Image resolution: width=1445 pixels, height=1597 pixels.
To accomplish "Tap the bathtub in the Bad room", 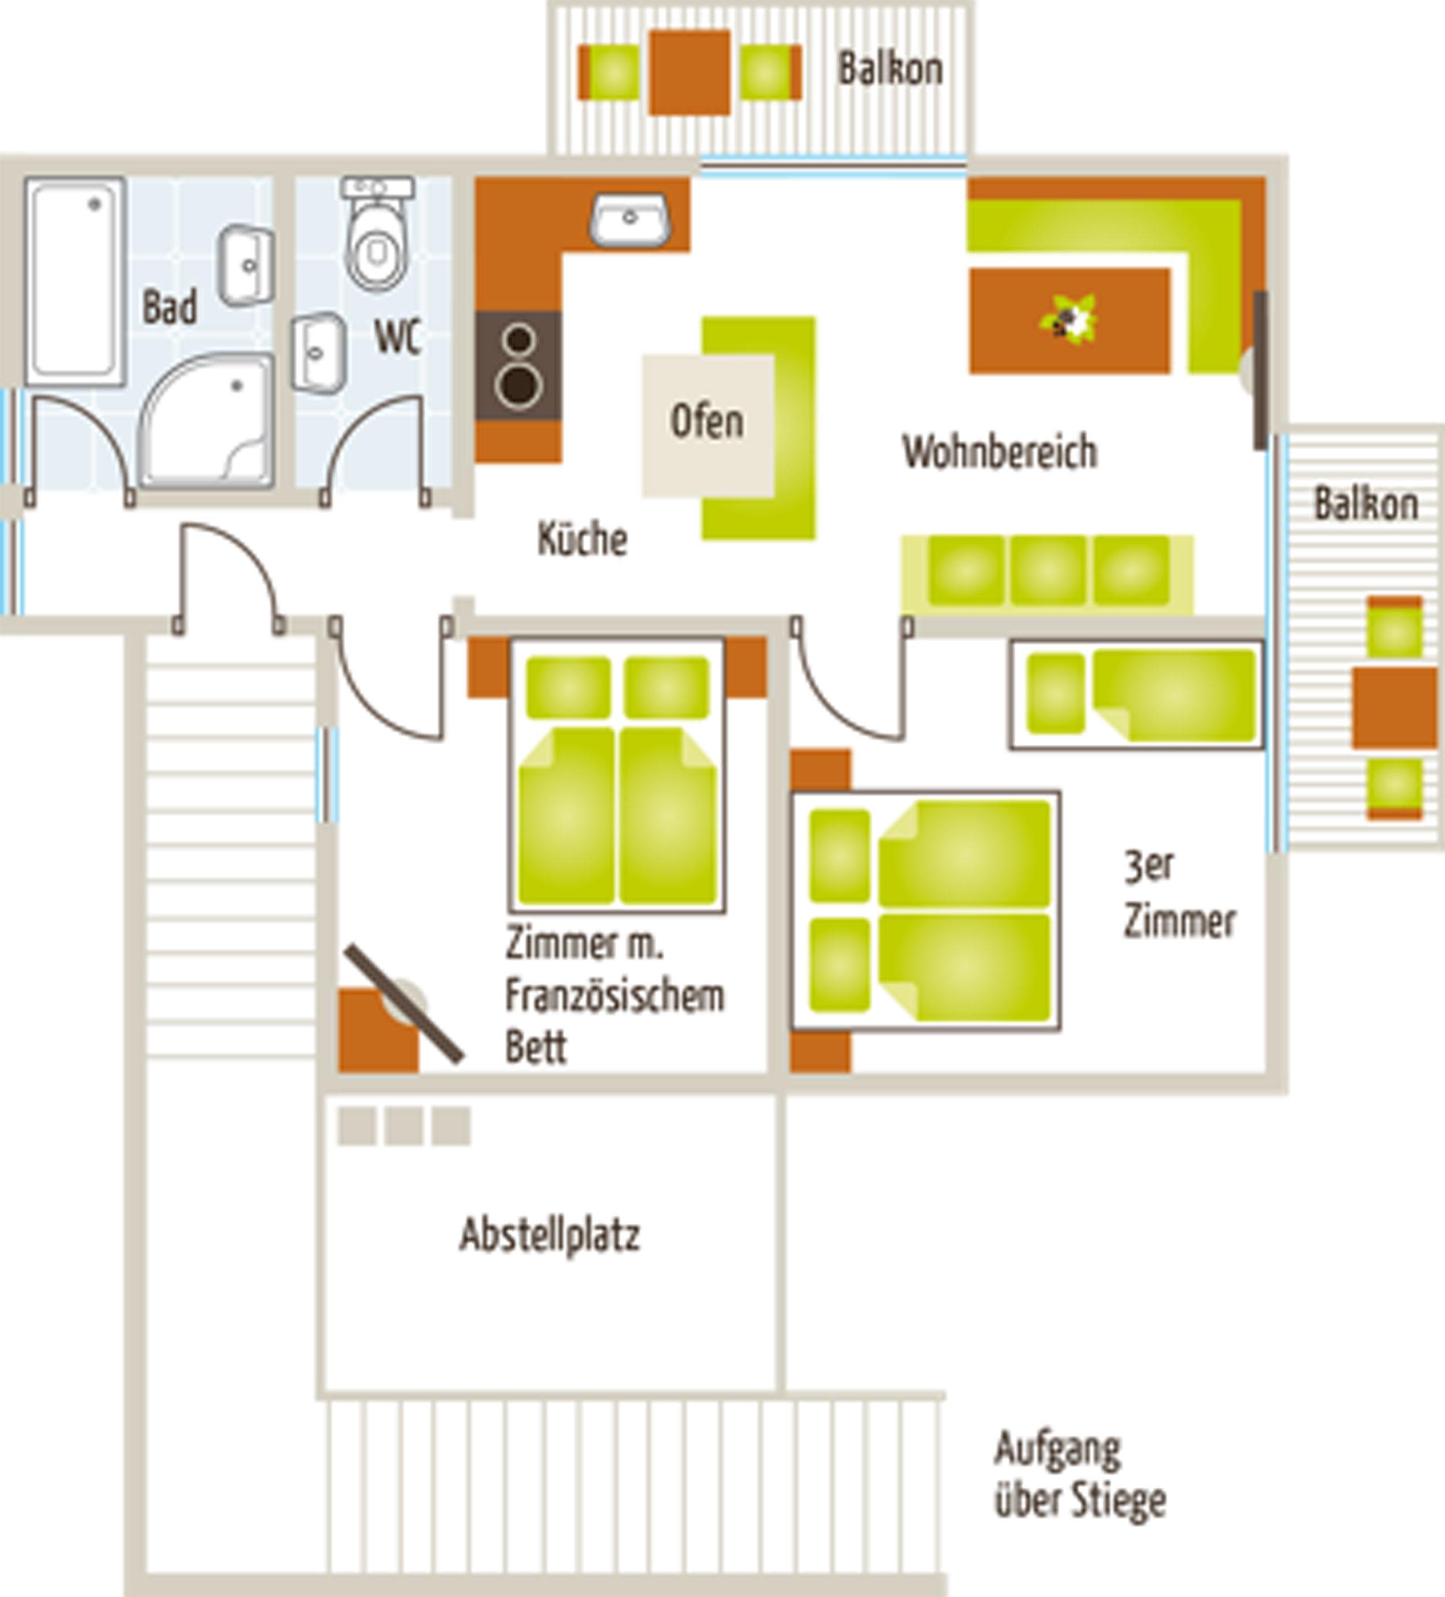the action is (75, 281).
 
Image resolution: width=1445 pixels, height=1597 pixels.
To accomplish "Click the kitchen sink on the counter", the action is (630, 220).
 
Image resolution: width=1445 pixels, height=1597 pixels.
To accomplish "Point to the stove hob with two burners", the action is (519, 366).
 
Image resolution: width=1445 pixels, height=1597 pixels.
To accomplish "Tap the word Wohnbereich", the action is (1000, 453).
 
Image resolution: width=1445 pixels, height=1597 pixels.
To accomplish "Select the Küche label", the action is (582, 538).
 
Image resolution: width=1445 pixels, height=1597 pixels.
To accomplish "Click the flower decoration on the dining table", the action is (1068, 318).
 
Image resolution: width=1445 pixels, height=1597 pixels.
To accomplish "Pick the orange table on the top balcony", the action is (689, 72).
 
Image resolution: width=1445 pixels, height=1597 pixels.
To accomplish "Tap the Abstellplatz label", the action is (550, 1234).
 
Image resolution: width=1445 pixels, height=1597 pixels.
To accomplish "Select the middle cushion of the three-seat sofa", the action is (1048, 571).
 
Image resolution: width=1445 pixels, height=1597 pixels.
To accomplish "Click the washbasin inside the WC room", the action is (318, 353).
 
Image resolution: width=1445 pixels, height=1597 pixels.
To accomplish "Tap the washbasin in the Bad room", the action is (246, 265).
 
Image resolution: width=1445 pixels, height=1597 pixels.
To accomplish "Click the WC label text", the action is (397, 336).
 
